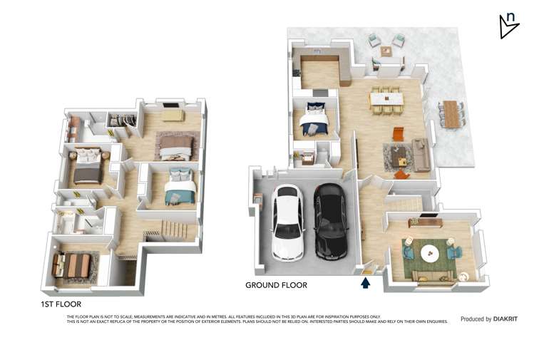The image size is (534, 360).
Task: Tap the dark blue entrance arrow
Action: [366, 283]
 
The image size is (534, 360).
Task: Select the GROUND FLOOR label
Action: [276, 285]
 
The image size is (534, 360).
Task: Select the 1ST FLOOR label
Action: [61, 304]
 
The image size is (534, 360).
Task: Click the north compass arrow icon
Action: [508, 25]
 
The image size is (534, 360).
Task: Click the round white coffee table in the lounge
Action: [431, 253]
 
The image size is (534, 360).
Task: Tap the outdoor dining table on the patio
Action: [451, 113]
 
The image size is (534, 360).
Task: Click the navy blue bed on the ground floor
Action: [314, 119]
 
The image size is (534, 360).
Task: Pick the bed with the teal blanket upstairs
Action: [179, 188]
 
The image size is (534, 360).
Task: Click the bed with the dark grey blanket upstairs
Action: [88, 165]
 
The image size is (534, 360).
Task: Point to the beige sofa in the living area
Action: [420, 155]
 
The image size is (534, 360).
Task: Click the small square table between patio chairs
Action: [386, 51]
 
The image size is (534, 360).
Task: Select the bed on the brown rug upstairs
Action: [175, 147]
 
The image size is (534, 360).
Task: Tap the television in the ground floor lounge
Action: [429, 216]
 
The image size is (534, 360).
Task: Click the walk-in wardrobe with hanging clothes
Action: [125, 120]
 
